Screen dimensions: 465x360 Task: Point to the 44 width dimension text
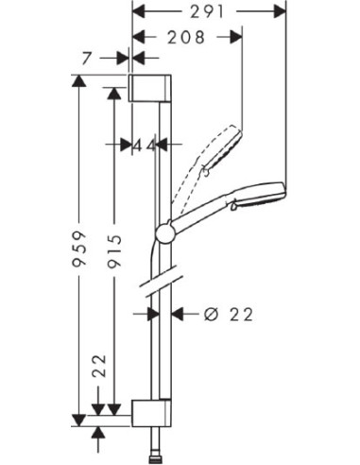tap(146, 145)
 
